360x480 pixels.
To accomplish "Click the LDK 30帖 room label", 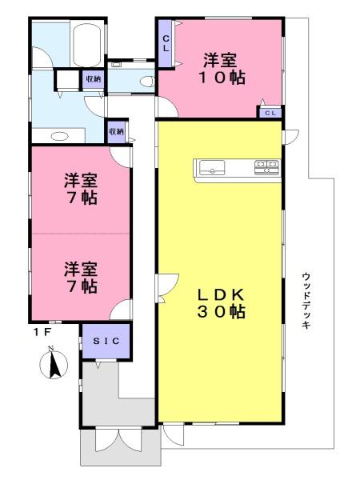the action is click(221, 303).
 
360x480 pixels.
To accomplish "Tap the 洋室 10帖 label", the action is click(222, 69).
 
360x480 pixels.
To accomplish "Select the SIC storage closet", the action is click(106, 341).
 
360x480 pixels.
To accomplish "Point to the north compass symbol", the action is click(54, 363).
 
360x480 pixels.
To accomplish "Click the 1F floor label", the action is click(42, 333).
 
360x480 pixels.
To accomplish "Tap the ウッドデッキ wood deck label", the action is click(306, 301).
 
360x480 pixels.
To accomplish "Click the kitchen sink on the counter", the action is click(212, 167).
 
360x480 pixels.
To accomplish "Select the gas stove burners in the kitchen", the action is click(266, 167).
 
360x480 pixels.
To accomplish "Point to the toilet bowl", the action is click(146, 82).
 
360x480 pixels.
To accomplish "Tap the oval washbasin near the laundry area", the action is click(59, 136).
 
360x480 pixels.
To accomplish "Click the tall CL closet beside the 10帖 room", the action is click(166, 43).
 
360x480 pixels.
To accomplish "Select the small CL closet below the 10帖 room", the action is click(270, 113).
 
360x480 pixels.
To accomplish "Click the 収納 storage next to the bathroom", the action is click(93, 79).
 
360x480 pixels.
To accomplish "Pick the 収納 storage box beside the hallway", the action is click(116, 132).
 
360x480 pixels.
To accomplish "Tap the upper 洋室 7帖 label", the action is click(81, 189).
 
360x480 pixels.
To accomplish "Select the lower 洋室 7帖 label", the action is click(81, 278).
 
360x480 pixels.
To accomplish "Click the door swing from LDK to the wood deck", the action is click(290, 137).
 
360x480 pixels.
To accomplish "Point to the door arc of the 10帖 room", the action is click(167, 106).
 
